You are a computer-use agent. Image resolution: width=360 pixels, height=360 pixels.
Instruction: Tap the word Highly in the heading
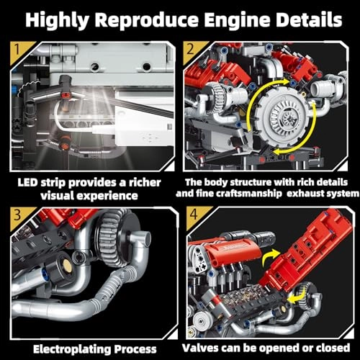tap(60, 18)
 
